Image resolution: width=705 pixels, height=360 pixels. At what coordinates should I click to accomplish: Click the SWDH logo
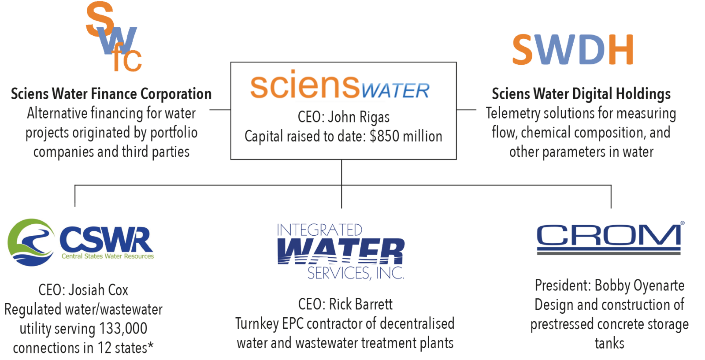(572, 49)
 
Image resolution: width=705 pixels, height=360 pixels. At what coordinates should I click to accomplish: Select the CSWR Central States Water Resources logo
(81, 242)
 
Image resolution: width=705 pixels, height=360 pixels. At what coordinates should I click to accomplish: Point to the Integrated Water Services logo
(340, 252)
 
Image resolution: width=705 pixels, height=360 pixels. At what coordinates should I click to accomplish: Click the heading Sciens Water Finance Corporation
(111, 94)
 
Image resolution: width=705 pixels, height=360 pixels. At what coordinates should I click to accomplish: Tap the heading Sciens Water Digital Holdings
(581, 94)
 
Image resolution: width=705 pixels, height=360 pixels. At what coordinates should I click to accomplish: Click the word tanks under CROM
(609, 343)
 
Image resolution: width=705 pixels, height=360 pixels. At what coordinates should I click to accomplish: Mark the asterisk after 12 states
(151, 346)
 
